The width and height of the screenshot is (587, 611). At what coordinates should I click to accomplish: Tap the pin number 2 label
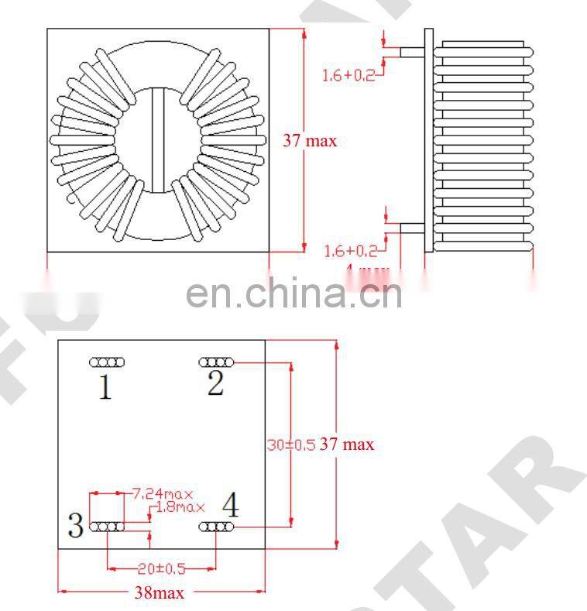click(215, 383)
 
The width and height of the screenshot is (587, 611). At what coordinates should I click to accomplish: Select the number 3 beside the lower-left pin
click(75, 527)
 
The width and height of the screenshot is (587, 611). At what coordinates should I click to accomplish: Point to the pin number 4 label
click(230, 506)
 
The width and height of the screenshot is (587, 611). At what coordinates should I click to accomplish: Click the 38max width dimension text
click(160, 592)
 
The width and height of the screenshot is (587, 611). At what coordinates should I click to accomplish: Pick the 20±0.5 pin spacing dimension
click(161, 568)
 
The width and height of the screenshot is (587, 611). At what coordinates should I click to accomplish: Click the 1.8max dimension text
click(180, 507)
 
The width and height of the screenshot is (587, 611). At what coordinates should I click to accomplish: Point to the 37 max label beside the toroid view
click(310, 141)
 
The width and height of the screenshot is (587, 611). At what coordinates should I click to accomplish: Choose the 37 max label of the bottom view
click(347, 445)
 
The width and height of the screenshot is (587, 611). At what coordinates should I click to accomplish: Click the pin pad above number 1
click(108, 362)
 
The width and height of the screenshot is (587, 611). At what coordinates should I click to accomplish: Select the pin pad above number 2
click(216, 362)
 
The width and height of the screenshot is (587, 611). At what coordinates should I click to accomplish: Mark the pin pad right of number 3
click(108, 527)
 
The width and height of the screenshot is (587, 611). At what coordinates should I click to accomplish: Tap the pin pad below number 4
click(216, 527)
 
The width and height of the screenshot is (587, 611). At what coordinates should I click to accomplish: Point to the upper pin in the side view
click(412, 52)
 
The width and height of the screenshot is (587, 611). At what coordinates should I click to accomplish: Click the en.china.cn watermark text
click(295, 294)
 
